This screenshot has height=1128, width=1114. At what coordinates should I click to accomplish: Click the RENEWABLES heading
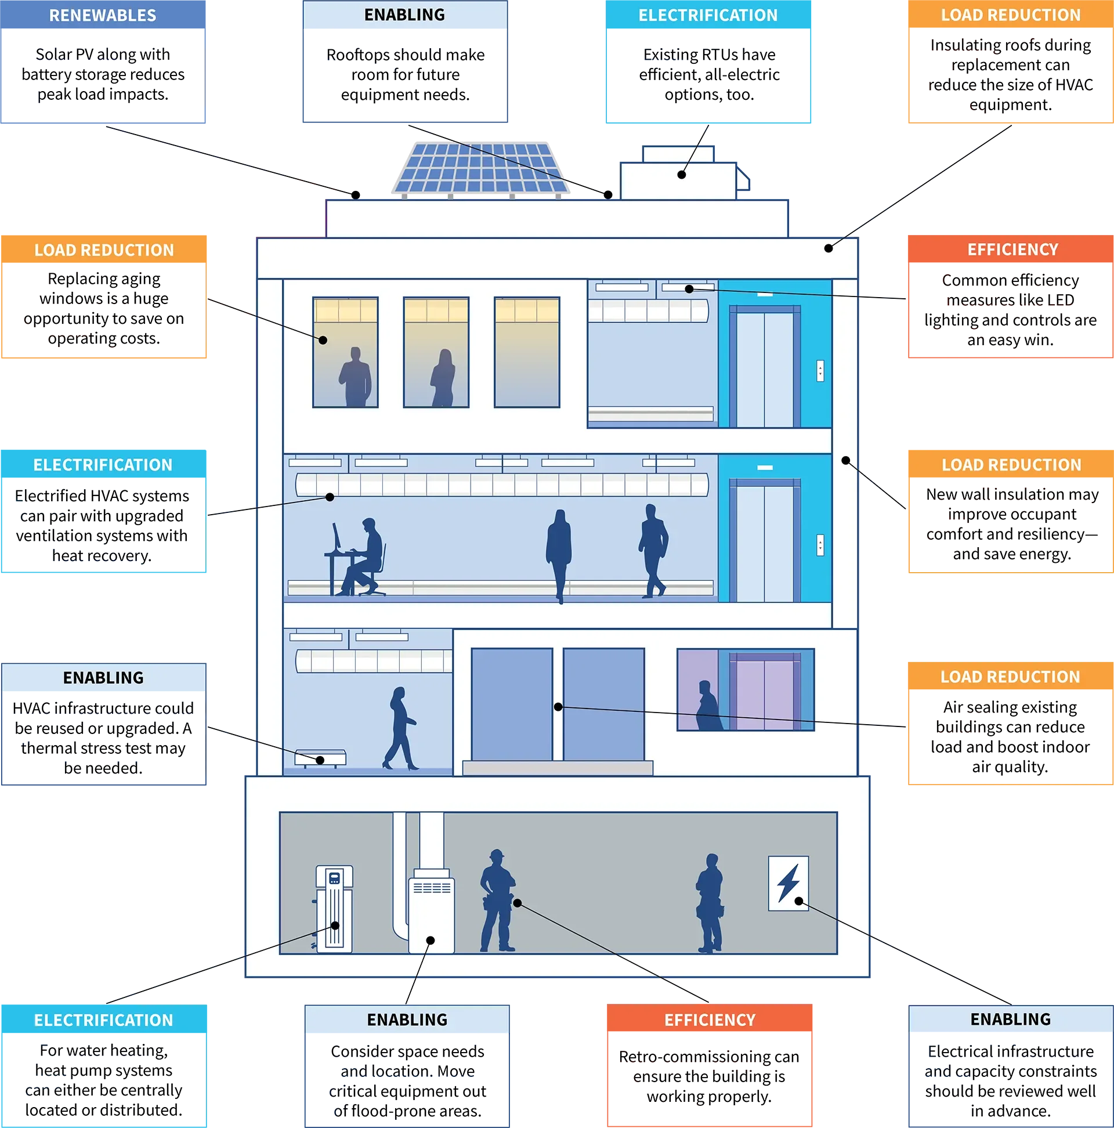[x=103, y=16]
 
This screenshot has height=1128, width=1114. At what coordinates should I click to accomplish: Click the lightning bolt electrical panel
[x=788, y=883]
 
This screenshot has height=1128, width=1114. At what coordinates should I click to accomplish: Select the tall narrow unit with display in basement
[x=334, y=909]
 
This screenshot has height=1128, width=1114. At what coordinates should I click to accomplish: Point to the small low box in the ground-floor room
[x=320, y=758]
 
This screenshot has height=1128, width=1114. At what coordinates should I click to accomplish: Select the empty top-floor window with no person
[x=527, y=352]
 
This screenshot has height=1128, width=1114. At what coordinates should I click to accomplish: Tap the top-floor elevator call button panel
[x=820, y=371]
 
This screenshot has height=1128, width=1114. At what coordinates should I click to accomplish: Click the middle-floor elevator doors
[x=764, y=543]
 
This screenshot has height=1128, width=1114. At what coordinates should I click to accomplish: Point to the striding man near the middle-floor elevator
[x=653, y=551]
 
